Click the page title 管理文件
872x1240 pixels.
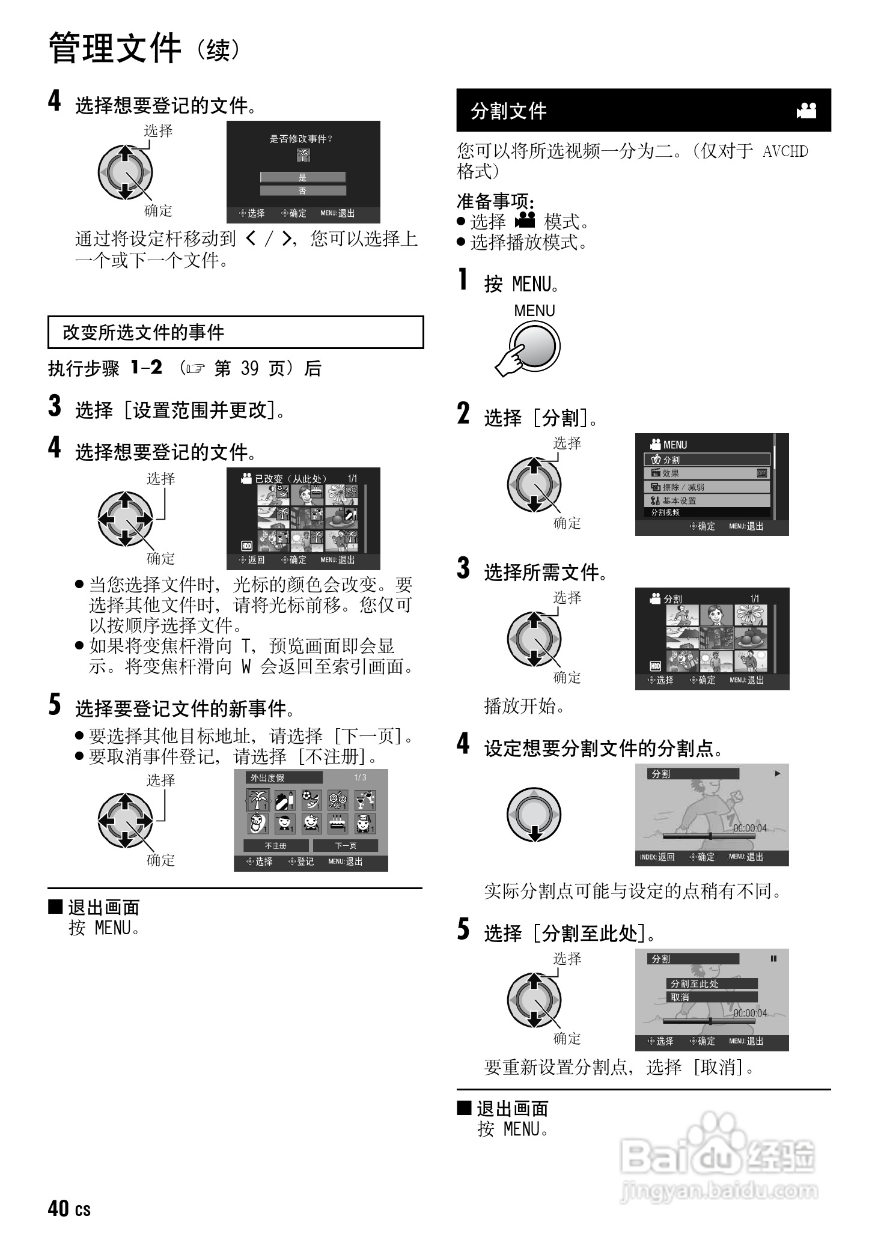point(114,49)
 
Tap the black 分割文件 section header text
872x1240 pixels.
point(508,111)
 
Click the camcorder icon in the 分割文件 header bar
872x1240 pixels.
point(806,111)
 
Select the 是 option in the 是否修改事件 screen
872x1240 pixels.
point(303,177)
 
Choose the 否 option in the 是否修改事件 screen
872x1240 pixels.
point(303,191)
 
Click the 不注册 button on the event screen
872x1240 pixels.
point(276,845)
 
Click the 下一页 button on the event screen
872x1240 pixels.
point(346,845)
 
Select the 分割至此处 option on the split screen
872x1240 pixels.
point(712,983)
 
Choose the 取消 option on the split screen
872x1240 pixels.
point(712,997)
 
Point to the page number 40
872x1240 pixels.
point(58,1208)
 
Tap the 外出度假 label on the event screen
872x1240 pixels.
point(268,777)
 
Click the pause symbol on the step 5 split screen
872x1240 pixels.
point(773,959)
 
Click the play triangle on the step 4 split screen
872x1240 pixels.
point(777,774)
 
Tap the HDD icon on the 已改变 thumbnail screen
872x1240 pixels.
point(246,546)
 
